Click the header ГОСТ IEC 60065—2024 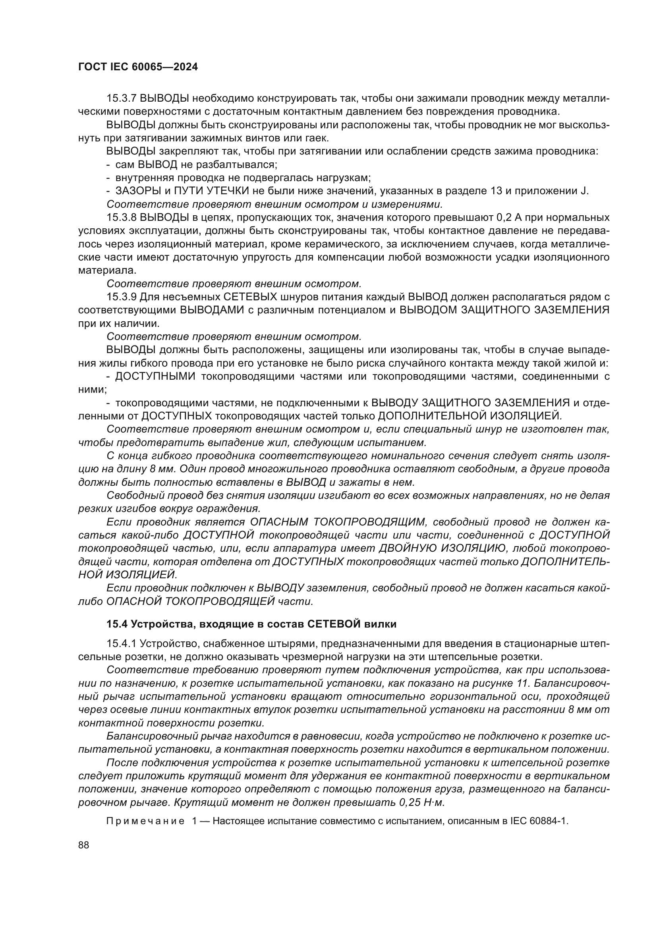coord(138,67)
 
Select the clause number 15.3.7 coord(122,99)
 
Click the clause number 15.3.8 coord(122,218)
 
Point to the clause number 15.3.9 coord(122,297)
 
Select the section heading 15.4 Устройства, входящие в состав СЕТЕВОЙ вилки coord(251,624)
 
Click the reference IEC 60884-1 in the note coord(539,821)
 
